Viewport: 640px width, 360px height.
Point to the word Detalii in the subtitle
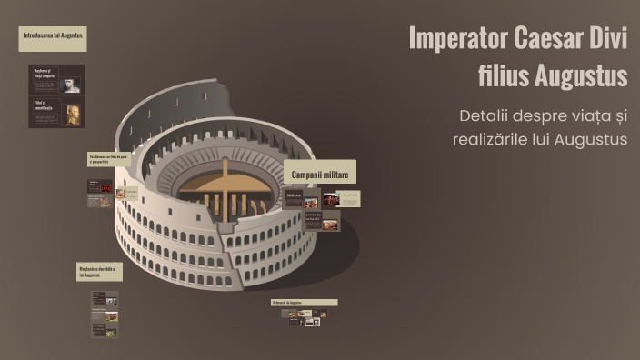click(490, 116)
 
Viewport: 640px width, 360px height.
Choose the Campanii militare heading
click(324, 173)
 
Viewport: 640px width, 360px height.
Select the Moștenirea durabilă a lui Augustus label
click(98, 272)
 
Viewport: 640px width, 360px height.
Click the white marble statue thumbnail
click(70, 85)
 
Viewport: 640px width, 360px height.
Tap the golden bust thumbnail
click(72, 114)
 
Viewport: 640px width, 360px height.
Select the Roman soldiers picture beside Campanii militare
click(331, 199)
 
